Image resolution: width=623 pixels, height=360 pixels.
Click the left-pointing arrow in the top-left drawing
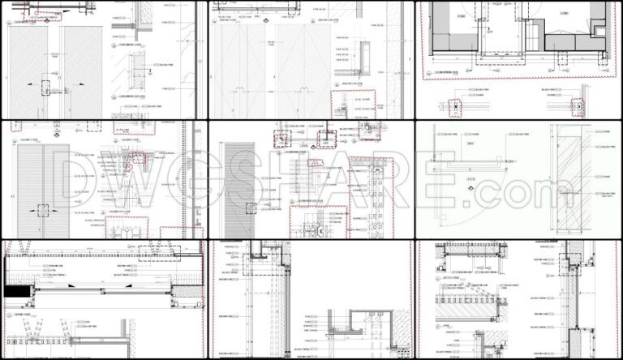[27, 84]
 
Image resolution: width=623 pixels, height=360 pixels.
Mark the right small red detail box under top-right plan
[579, 106]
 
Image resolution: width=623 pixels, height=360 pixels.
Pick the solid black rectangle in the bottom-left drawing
[19, 289]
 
